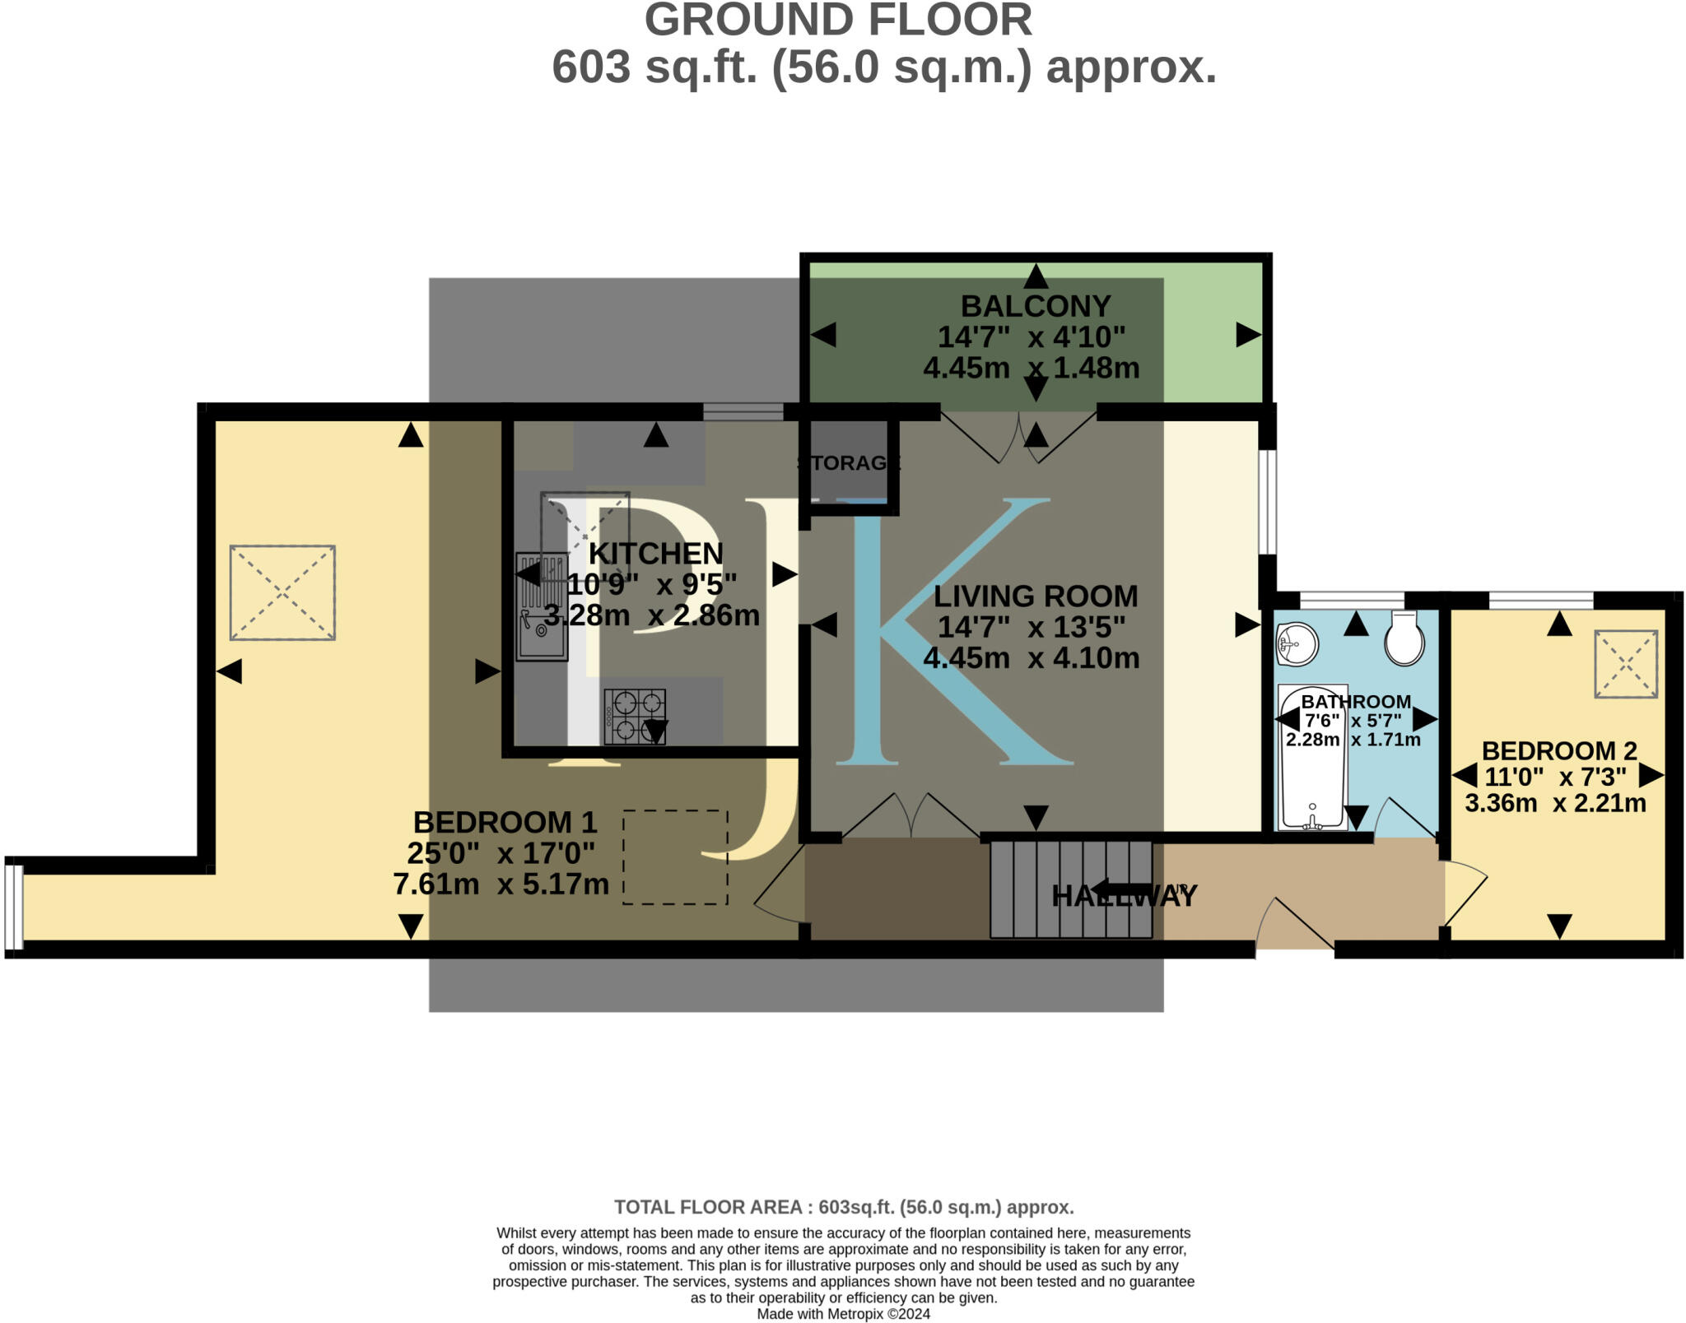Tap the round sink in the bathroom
[1297, 643]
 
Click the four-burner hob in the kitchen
[635, 716]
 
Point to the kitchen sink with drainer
[542, 607]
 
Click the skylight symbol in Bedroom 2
[1626, 664]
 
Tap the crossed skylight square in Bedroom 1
[282, 592]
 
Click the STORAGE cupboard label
[848, 463]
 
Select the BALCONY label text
[1036, 306]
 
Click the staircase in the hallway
[1070, 889]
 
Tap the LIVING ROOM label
[1036, 596]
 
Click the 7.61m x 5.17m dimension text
[501, 884]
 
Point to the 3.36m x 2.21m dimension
[1555, 803]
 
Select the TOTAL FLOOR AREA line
[844, 1207]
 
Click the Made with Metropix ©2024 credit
[843, 1314]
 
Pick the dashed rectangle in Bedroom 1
[675, 857]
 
